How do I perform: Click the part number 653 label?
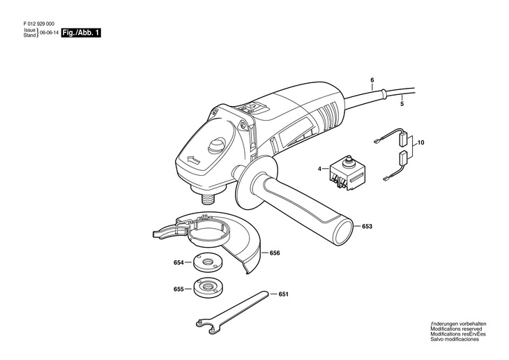[367, 227]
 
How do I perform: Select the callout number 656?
[275, 253]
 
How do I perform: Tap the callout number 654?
[178, 263]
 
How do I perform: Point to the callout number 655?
[178, 288]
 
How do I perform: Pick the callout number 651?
[283, 294]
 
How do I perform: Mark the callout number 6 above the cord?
[372, 80]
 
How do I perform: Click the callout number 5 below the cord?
[401, 104]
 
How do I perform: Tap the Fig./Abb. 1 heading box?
[81, 33]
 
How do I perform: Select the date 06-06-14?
[49, 33]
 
